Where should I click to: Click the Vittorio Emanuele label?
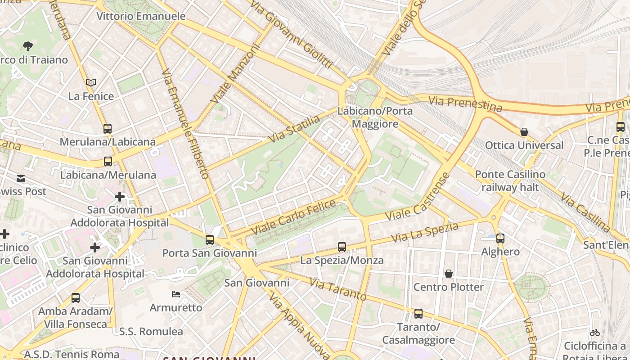point(141,17)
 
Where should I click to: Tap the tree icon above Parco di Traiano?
point(27,46)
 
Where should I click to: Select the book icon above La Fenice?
point(91,82)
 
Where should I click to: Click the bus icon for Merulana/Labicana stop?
point(107,128)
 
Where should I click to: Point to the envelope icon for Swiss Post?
point(21,179)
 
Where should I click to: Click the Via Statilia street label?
point(294,129)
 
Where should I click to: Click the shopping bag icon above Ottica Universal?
point(524,132)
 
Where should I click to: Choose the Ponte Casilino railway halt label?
point(510,181)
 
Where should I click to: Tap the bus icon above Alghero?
point(500,238)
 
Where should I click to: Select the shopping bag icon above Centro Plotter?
point(448,274)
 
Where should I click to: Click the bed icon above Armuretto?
point(176,294)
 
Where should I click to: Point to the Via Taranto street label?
point(337,290)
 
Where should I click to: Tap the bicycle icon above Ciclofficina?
point(594,333)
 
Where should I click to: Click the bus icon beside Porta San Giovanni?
point(209,239)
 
